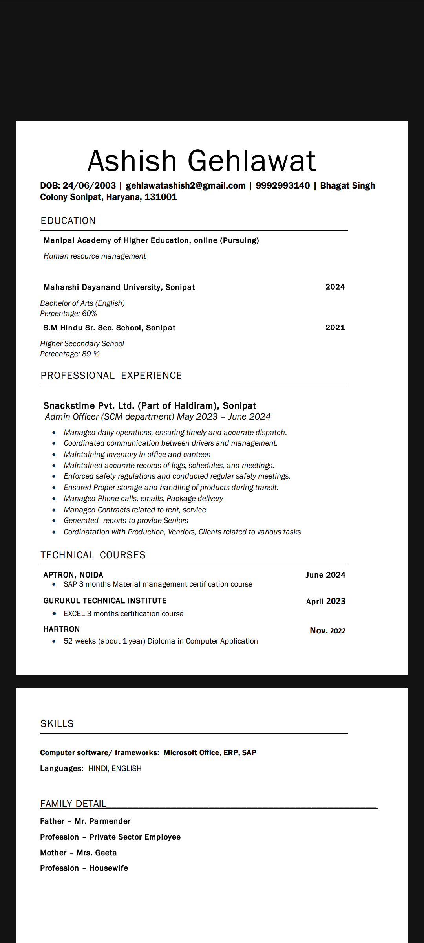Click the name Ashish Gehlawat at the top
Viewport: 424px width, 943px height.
201,161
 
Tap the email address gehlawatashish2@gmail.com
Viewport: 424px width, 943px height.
185,186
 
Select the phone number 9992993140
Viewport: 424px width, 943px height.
283,186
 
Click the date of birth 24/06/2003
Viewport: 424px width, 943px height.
89,186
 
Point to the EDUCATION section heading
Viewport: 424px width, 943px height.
68,221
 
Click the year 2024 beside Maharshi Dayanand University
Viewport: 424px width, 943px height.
335,287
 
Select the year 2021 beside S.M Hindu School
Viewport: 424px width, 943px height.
335,328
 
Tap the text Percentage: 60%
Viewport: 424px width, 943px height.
68,314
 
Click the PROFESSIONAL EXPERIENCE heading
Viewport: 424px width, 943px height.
111,376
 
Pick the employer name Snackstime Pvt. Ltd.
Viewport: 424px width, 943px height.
89,406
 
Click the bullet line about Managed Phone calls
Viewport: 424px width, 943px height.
143,499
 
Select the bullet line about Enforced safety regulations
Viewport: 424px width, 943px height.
177,476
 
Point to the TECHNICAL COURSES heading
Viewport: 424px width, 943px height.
93,555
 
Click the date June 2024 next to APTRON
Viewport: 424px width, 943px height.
325,575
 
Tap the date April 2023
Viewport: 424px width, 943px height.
325,602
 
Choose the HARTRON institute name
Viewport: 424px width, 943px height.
62,629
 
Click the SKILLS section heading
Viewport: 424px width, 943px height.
57,724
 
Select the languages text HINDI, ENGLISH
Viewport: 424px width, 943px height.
115,769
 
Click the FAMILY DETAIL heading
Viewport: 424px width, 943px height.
73,804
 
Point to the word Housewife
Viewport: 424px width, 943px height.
109,868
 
